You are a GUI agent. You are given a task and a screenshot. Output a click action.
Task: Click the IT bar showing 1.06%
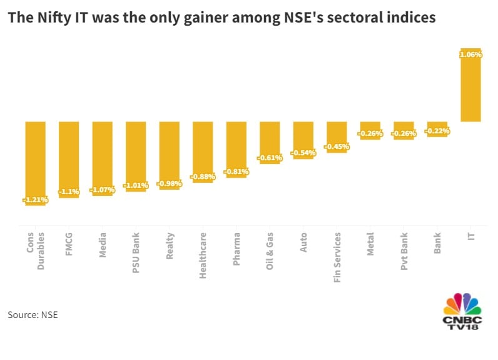click(x=470, y=88)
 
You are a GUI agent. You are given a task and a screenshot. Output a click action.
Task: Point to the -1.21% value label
click(x=35, y=200)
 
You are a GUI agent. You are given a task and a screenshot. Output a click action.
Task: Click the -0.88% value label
click(x=203, y=177)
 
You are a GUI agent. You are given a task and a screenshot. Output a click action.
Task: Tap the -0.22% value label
click(x=437, y=131)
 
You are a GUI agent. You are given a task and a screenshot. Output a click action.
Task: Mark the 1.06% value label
click(x=470, y=55)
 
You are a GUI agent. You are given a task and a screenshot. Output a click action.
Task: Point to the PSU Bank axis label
click(x=136, y=251)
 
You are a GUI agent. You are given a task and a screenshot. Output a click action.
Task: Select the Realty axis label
click(x=170, y=245)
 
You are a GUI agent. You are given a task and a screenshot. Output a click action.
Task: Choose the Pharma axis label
click(x=236, y=247)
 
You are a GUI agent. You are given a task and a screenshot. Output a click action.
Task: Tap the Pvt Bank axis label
click(x=404, y=250)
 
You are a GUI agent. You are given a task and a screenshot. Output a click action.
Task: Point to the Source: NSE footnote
click(x=33, y=314)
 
